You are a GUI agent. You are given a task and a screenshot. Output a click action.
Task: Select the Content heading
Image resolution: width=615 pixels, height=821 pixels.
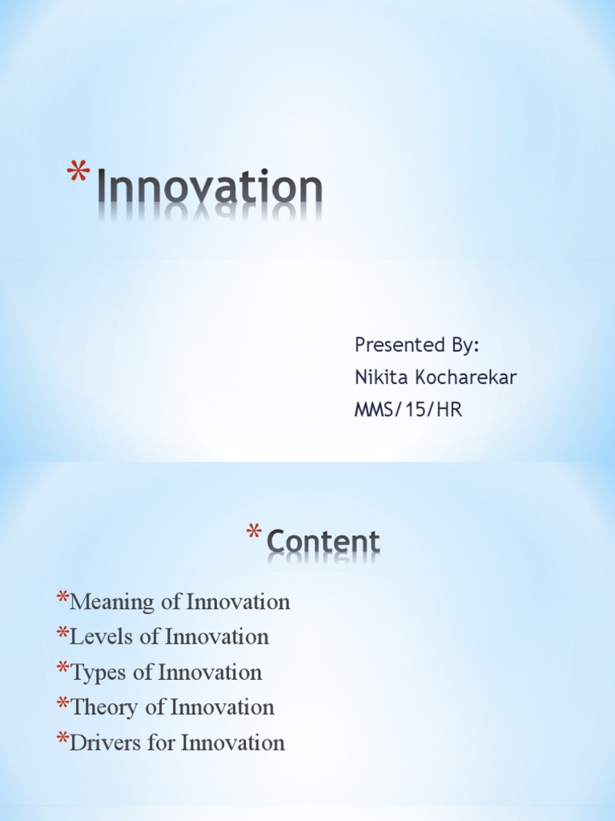pos(323,543)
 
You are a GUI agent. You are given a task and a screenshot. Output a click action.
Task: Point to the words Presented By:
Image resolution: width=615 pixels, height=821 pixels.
pos(417,346)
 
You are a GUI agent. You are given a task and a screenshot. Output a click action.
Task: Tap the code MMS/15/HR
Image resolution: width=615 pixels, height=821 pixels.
pos(408,410)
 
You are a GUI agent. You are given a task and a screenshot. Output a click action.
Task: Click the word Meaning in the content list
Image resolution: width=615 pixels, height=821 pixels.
pos(107,601)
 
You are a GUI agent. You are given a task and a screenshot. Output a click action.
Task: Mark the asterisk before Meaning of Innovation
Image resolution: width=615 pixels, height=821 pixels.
pos(62,598)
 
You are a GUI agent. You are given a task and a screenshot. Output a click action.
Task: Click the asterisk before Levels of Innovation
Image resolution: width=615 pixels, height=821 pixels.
pos(62,633)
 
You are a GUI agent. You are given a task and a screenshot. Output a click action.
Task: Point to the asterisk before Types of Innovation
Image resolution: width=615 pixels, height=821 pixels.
pos(62,669)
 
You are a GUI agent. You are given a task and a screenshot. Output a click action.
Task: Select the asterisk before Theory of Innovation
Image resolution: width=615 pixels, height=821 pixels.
pos(62,704)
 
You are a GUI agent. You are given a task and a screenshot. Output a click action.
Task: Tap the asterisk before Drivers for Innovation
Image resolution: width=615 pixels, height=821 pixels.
pos(62,739)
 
